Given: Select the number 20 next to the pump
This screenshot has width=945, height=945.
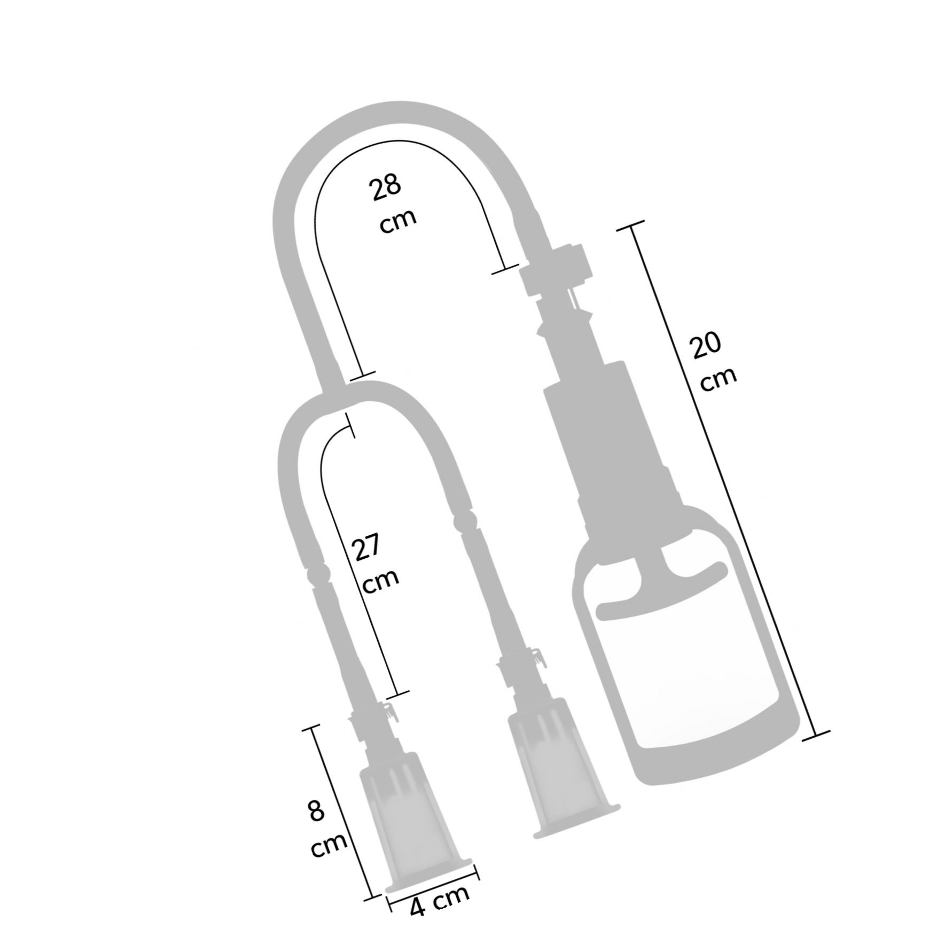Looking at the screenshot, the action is [706, 347].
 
